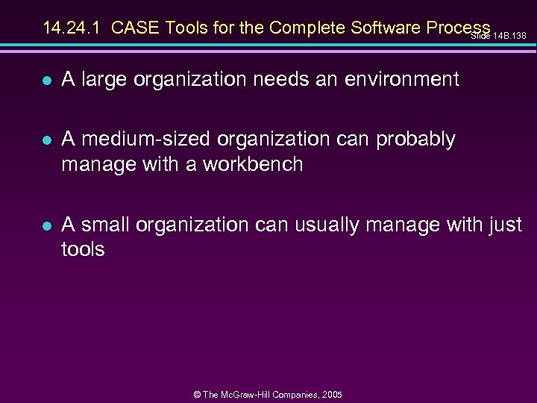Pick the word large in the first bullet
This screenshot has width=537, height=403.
(104, 79)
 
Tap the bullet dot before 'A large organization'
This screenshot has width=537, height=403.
(47, 80)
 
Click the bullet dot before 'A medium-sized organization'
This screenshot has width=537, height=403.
(47, 140)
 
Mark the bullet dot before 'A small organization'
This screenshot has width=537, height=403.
(47, 225)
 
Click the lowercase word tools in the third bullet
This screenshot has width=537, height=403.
(83, 249)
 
